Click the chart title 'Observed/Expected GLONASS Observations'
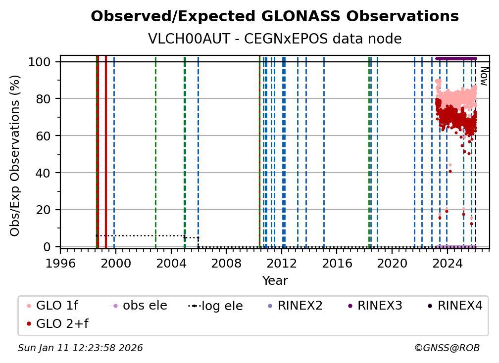[275, 16]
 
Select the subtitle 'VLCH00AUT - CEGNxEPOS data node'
[275, 39]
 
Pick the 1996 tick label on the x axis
[60, 264]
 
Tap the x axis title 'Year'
[275, 281]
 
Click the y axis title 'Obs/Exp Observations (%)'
[15, 155]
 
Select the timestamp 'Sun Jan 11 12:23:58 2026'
[80, 348]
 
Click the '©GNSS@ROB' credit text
[447, 348]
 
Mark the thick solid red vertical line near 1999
[105, 148]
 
